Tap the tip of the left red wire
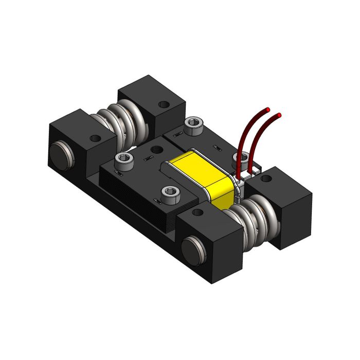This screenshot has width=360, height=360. point(267,109)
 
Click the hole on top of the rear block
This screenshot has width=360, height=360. point(163,104)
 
